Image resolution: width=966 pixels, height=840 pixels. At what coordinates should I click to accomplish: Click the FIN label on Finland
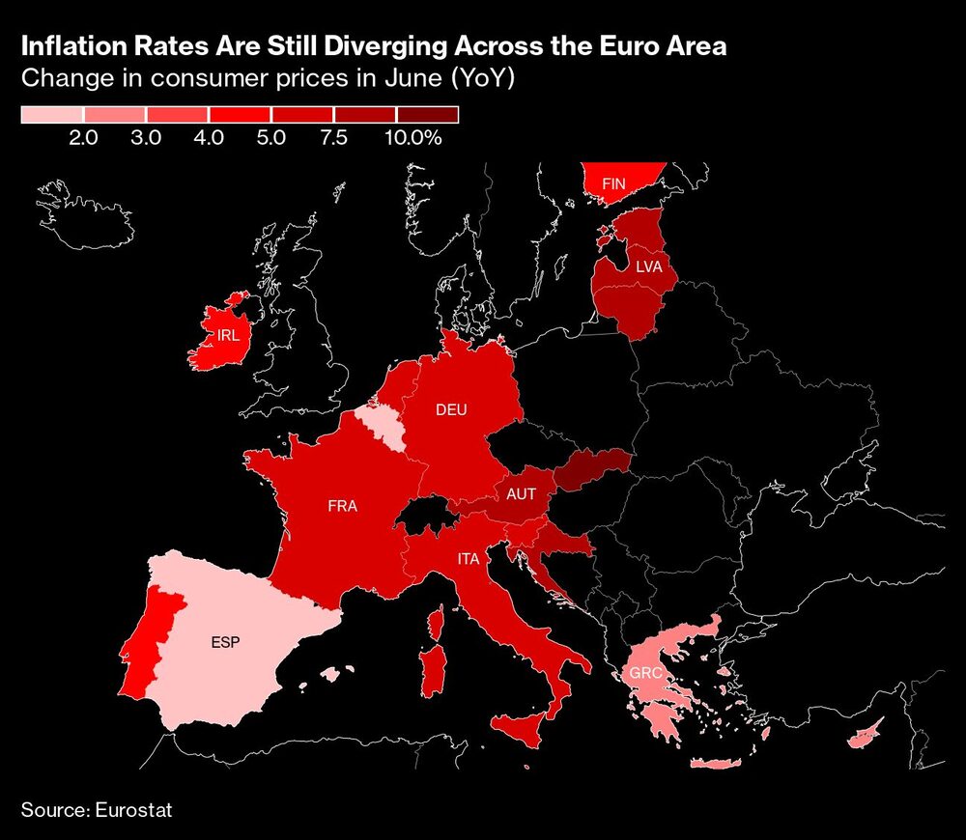click(613, 182)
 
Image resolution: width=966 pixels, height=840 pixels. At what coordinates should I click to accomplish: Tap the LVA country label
click(648, 266)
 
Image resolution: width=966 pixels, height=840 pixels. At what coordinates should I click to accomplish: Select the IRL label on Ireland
click(229, 335)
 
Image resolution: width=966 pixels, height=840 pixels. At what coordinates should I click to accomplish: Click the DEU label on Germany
click(451, 409)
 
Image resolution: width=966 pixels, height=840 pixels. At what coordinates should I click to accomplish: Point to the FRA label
click(343, 505)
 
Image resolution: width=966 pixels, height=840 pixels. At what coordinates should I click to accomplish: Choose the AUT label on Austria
click(521, 493)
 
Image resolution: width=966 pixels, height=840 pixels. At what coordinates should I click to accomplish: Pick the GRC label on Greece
click(643, 673)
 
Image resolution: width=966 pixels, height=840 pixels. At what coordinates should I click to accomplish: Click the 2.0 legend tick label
click(83, 138)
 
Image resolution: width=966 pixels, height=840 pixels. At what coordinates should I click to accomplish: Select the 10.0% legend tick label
click(412, 138)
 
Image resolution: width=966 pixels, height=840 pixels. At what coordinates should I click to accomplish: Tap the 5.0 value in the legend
click(271, 138)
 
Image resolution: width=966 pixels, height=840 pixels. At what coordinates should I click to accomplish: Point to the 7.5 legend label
click(333, 138)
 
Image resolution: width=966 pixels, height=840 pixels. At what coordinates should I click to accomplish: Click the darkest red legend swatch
click(426, 116)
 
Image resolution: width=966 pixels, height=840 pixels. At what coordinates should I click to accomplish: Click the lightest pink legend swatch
click(52, 116)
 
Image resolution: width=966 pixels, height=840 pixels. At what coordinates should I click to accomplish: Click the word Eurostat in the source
click(134, 809)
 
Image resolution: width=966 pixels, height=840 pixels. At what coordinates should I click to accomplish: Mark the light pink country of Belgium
click(378, 422)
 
